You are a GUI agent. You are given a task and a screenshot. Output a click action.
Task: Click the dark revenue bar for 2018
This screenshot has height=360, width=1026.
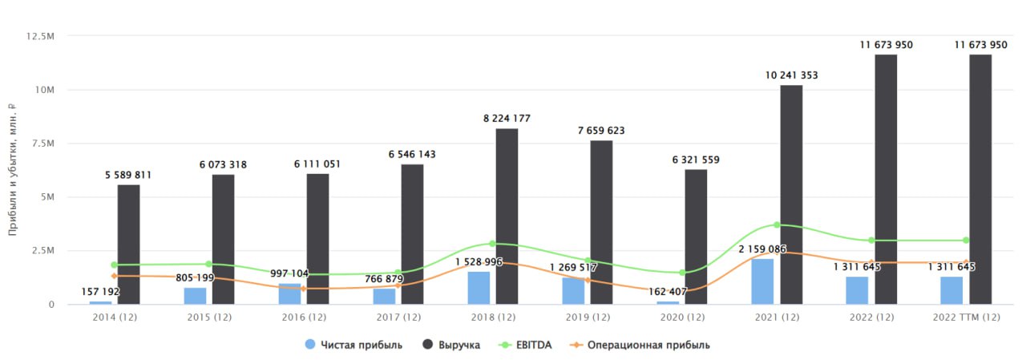[x=507, y=216]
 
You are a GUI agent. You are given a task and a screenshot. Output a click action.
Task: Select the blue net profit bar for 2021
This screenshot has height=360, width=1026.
[x=762, y=281]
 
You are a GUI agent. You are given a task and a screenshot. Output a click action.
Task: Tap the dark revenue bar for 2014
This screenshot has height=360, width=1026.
[x=129, y=245]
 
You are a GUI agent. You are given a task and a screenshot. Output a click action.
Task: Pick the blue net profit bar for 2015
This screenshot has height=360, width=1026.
[x=195, y=296]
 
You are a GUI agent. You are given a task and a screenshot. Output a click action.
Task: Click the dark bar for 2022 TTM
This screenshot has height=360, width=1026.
[x=980, y=180]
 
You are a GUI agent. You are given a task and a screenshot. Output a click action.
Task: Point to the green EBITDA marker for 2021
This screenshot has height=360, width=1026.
[x=777, y=224]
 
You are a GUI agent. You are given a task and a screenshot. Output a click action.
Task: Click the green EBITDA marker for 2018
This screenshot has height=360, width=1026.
[x=492, y=244]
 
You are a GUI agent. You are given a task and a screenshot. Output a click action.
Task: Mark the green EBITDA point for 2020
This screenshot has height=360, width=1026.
[x=682, y=273]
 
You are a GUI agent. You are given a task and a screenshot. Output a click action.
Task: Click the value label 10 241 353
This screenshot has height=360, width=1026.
[x=791, y=75]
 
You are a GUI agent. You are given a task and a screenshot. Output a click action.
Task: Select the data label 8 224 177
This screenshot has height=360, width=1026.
[x=507, y=119]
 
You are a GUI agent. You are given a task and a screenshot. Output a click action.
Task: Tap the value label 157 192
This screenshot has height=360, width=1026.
[x=100, y=292]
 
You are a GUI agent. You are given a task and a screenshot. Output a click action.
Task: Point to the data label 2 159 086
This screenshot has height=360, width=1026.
[x=762, y=249]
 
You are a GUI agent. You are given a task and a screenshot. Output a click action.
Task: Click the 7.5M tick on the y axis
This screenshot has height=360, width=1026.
[x=43, y=144]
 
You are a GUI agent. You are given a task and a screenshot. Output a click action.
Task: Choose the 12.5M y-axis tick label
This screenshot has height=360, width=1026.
[x=40, y=36]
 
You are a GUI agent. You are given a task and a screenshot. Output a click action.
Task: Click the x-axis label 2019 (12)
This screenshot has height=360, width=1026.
[x=588, y=317]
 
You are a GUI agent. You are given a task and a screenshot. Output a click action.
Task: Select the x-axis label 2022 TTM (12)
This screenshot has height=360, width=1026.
[x=967, y=317]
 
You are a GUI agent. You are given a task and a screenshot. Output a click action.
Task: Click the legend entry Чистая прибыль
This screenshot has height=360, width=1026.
[x=353, y=345]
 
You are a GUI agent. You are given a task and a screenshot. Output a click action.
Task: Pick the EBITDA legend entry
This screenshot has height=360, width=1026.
[x=525, y=345]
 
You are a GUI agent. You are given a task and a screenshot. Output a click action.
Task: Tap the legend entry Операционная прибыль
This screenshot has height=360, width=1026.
[x=640, y=345]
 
